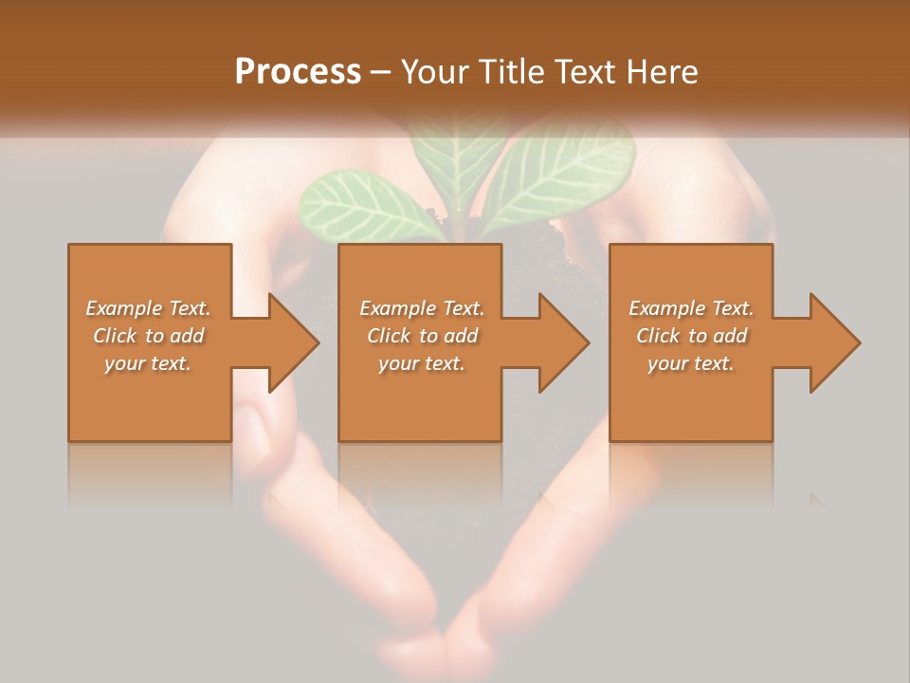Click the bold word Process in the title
298,72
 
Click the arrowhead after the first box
290,342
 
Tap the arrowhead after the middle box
560,342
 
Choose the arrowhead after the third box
831,342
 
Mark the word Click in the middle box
388,336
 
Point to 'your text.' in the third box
691,363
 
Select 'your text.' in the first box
148,363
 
